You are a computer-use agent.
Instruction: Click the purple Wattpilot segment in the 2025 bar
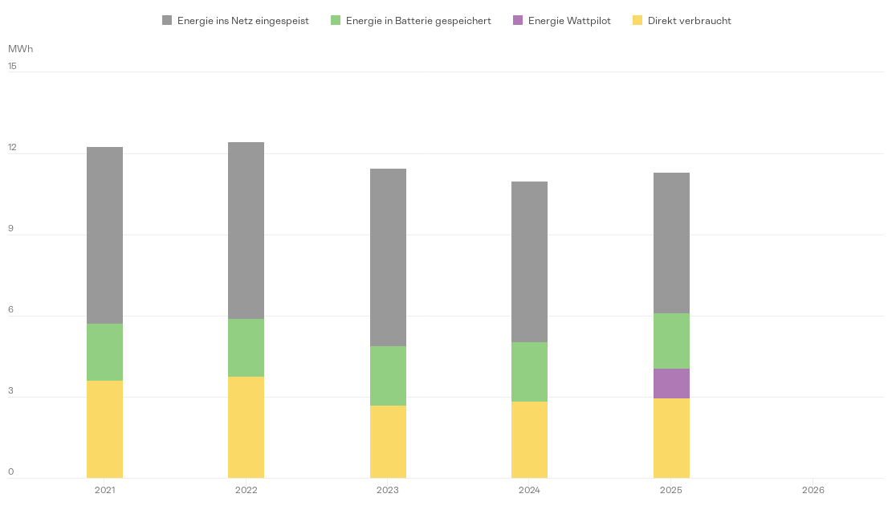671,383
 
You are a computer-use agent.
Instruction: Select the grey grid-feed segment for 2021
104,235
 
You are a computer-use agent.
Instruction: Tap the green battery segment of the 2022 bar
246,348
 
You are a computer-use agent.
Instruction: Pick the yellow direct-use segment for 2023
388,442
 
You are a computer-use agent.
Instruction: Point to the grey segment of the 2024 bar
529,262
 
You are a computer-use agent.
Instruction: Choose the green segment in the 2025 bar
671,341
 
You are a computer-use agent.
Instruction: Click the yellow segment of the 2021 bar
104,429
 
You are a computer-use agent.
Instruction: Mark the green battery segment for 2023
388,376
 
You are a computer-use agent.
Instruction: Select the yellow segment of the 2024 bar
529,439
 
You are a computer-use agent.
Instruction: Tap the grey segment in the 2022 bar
246,231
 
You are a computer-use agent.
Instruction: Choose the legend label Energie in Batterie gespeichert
417,21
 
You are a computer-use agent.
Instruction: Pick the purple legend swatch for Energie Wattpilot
518,21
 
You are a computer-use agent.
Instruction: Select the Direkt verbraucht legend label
689,21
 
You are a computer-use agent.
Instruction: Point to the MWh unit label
20,49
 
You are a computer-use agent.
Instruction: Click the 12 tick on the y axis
12,148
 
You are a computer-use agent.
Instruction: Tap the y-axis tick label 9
11,229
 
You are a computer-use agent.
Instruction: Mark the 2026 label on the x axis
813,490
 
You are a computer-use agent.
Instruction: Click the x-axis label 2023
388,490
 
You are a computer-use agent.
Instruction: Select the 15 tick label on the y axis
12,66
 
